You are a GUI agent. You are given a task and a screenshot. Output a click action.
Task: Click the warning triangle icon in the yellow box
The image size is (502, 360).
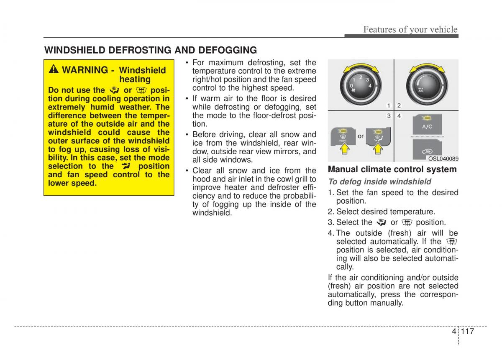click(54, 69)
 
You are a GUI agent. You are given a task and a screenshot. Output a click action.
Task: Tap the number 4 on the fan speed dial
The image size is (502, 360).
click(370, 86)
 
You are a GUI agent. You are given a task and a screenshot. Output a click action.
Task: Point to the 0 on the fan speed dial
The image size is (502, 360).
click(351, 86)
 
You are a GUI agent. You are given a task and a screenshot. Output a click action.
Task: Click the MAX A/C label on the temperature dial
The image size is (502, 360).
click(420, 89)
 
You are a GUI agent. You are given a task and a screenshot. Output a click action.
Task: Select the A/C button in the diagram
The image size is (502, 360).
click(427, 126)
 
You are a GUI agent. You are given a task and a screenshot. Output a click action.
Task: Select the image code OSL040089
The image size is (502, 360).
click(443, 159)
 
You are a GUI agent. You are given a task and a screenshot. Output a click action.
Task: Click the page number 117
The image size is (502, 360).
click(468, 332)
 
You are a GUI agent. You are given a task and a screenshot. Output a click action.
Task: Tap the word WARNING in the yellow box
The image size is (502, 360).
click(85, 70)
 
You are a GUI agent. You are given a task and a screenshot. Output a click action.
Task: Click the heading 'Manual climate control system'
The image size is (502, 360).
click(392, 169)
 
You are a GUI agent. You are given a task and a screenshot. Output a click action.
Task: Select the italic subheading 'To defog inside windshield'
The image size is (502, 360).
click(379, 181)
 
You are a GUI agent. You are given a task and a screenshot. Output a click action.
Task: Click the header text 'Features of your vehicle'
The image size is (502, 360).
click(410, 29)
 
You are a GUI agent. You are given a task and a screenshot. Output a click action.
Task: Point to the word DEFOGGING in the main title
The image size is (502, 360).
click(228, 51)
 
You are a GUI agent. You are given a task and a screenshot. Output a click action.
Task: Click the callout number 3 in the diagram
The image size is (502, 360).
click(389, 115)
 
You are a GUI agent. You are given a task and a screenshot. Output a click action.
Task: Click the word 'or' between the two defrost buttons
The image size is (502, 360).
click(361, 136)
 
